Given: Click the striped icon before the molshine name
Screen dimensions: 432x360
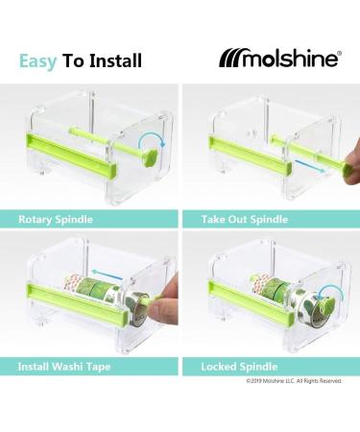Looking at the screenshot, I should pos(235,60).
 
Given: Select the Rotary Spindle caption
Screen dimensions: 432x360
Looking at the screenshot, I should pos(56,220).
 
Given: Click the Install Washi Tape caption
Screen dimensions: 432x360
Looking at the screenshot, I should pos(63,366).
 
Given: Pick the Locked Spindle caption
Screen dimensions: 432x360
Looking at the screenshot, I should pos(239,366).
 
